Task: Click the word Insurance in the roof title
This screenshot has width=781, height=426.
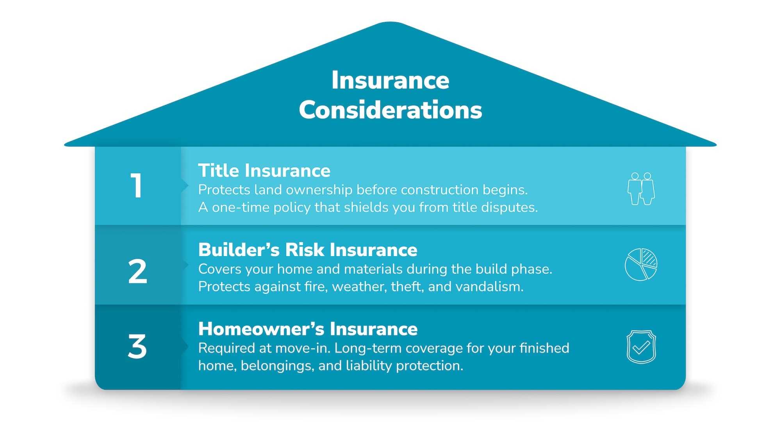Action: [390, 80]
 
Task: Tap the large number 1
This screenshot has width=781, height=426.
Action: [137, 186]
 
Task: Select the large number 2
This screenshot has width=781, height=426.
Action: [137, 272]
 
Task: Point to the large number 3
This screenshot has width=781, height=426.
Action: [137, 346]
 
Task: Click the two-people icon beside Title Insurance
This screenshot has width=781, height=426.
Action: [641, 189]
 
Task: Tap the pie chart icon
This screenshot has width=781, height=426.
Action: [641, 264]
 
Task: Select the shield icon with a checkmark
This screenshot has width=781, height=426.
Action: [641, 347]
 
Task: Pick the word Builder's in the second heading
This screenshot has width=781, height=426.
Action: [239, 250]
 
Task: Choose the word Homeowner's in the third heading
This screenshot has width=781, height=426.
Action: [261, 329]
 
